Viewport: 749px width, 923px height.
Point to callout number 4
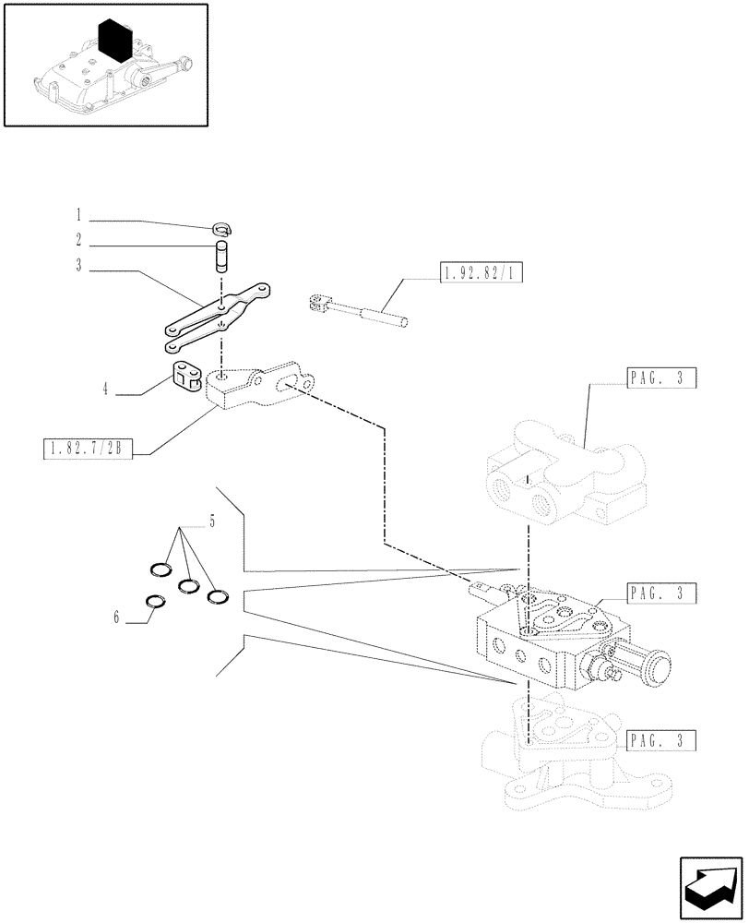tap(106, 391)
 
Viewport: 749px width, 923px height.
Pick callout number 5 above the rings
tap(212, 522)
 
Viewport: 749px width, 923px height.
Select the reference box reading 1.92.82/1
tap(470, 271)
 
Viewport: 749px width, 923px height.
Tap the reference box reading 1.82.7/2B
tap(89, 450)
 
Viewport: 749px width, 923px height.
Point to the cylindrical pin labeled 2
tap(221, 256)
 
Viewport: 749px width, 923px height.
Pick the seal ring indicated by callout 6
tap(158, 603)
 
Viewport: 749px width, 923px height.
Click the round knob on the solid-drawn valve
tap(658, 667)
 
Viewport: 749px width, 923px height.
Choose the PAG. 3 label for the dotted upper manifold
tap(660, 377)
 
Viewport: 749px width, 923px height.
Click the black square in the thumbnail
tap(118, 40)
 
